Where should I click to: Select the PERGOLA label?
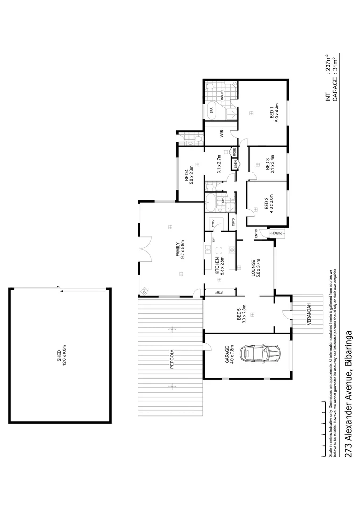[x=172, y=359]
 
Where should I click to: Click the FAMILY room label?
[x=178, y=250]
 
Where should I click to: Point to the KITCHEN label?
[x=217, y=267]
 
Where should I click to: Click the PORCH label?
[x=278, y=233]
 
